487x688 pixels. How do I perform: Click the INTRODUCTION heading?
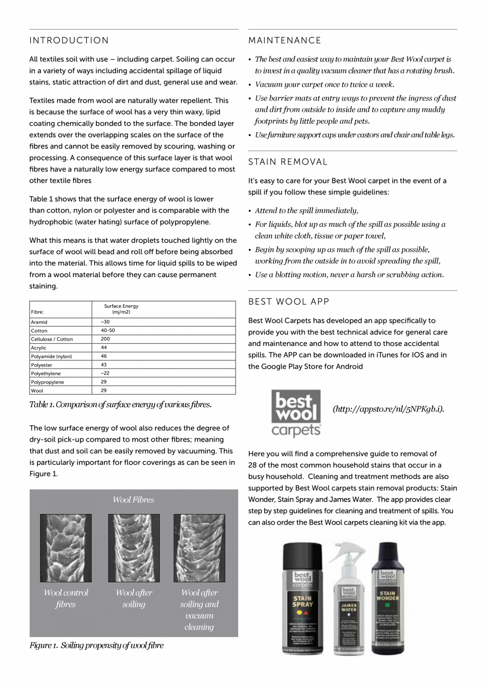tap(69, 41)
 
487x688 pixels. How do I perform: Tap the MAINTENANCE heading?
tap(285, 41)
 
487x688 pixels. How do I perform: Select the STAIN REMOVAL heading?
tap(288, 162)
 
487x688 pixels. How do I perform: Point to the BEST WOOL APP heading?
tap(289, 301)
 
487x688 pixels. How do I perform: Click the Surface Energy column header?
tap(121, 309)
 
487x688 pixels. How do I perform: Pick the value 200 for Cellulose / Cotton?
tap(105, 339)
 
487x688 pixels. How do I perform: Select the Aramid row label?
tap(39, 322)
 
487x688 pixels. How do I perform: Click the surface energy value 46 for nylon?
tap(104, 356)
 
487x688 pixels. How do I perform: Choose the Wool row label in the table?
tap(37, 391)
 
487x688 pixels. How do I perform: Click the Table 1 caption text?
tap(121, 405)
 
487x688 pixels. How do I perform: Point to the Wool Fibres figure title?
tap(133, 500)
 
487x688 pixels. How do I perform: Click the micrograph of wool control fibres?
tap(66, 548)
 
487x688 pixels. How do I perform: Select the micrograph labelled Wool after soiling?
tap(134, 548)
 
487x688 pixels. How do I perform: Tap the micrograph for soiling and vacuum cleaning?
tap(199, 548)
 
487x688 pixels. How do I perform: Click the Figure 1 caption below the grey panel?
tap(96, 645)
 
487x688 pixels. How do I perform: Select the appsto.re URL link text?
tap(388, 409)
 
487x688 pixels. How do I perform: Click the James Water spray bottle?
tap(348, 598)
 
